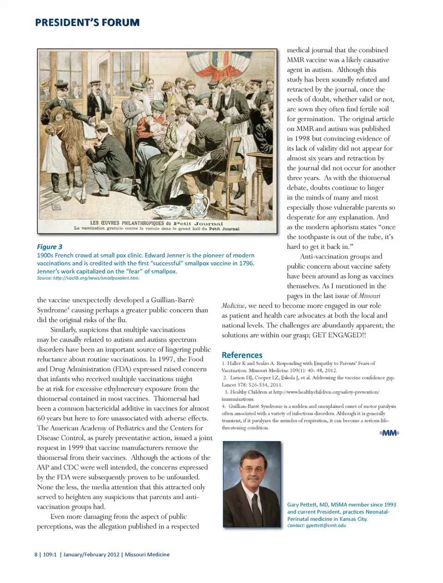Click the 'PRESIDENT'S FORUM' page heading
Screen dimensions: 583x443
(87, 22)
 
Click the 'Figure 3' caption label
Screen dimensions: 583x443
(49, 247)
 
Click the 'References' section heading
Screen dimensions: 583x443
(242, 355)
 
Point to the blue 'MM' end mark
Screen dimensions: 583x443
(389, 433)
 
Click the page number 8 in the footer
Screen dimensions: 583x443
(36, 554)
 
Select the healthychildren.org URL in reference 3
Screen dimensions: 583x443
(326, 392)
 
